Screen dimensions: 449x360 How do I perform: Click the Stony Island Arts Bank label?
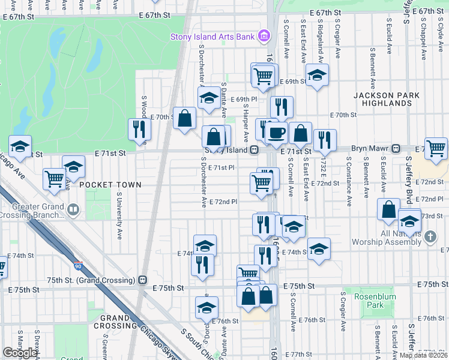pyautogui.click(x=212, y=37)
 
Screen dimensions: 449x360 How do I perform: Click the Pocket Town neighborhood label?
pyautogui.click(x=110, y=185)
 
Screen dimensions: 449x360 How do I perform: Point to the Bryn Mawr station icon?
pyautogui.click(x=396, y=148)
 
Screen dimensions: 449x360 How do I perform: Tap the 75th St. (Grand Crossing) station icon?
pyautogui.click(x=143, y=280)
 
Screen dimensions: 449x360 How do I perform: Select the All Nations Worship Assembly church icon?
pyautogui.click(x=430, y=237)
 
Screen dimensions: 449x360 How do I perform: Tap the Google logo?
pyautogui.click(x=20, y=353)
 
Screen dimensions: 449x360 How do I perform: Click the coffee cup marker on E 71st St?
pyautogui.click(x=277, y=133)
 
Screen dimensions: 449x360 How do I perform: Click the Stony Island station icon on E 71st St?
pyautogui.click(x=255, y=149)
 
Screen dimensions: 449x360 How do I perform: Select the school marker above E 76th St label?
pyautogui.click(x=206, y=307)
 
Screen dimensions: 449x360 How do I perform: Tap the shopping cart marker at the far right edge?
pyautogui.click(x=436, y=147)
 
